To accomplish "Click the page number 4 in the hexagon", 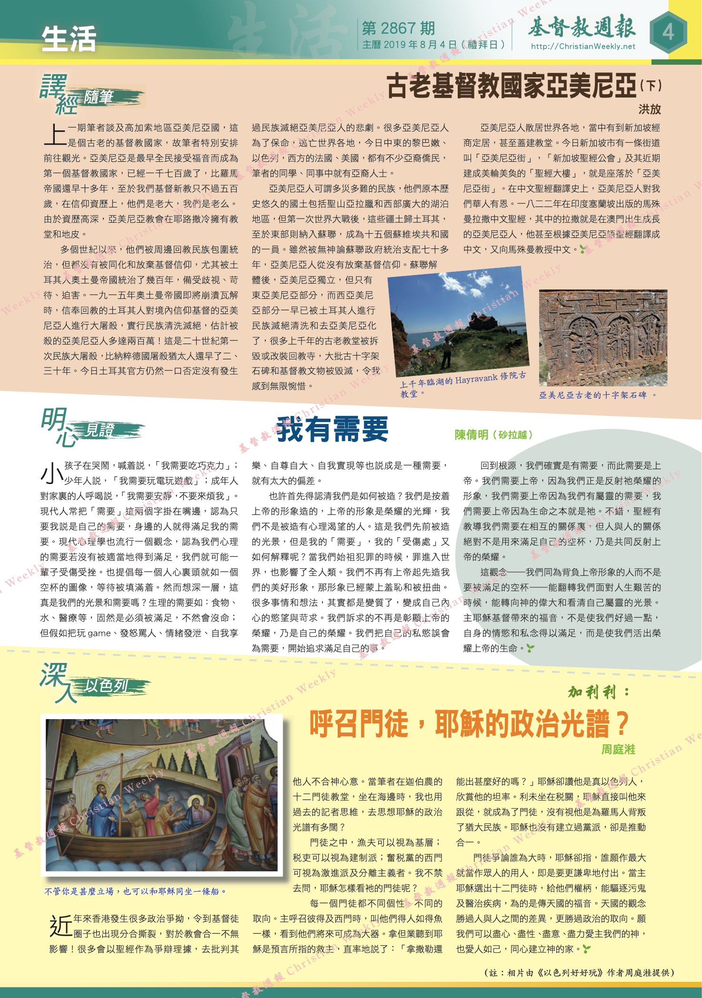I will pyautogui.click(x=668, y=33).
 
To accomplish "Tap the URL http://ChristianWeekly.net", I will pyautogui.click(x=583, y=47).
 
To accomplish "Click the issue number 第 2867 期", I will pyautogui.click(x=398, y=29).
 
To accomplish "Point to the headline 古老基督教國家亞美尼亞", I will pyautogui.click(x=511, y=86).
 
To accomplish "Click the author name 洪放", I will pyautogui.click(x=649, y=109).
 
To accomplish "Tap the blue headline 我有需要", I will pyautogui.click(x=332, y=429).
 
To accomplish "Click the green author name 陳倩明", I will pyautogui.click(x=471, y=435).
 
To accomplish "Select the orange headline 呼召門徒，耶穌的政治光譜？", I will pyautogui.click(x=469, y=724).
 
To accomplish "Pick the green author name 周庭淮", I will pyautogui.click(x=618, y=750).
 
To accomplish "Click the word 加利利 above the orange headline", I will pyautogui.click(x=592, y=692).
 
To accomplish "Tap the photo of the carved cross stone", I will pyautogui.click(x=603, y=337).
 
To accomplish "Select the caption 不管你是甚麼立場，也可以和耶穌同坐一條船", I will pyautogui.click(x=135, y=891).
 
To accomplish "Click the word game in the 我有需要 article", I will pyautogui.click(x=99, y=633).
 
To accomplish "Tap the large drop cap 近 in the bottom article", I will pyautogui.click(x=60, y=926).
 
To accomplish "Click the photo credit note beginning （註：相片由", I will pyautogui.click(x=579, y=973).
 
